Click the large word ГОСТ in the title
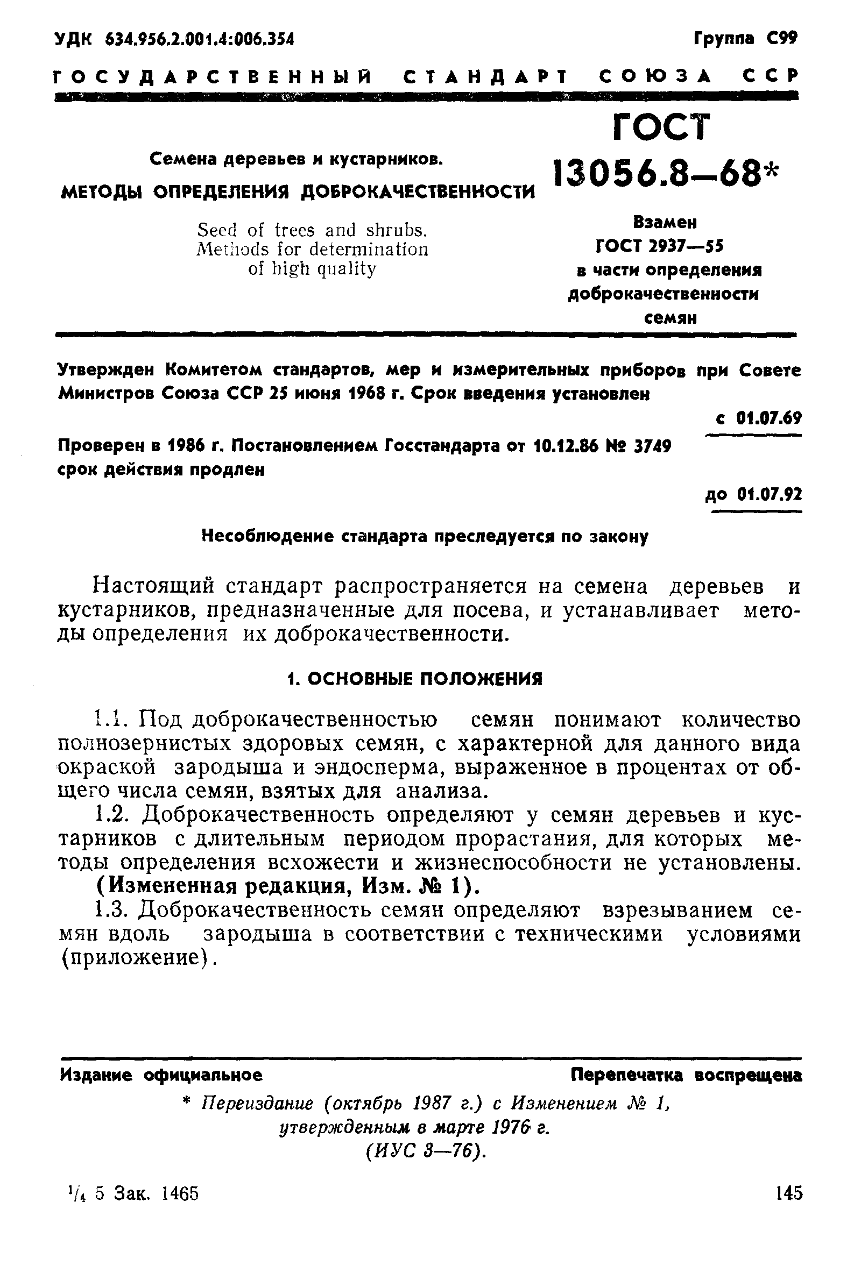pyautogui.click(x=661, y=128)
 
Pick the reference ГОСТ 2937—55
pyautogui.click(x=660, y=246)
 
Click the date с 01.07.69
pyautogui.click(x=759, y=418)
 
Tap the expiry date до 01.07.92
pyautogui.click(x=753, y=495)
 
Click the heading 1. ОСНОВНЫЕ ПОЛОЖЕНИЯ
pyautogui.click(x=415, y=679)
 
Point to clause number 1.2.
pyautogui.click(x=111, y=815)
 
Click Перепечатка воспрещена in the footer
pyautogui.click(x=686, y=1075)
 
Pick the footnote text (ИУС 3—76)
pyautogui.click(x=426, y=1150)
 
